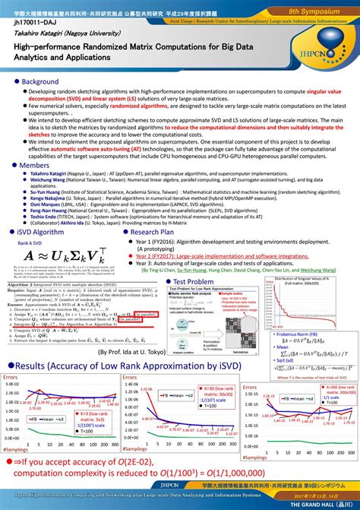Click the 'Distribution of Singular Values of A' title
tap(308, 280)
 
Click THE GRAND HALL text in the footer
tap(327, 504)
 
